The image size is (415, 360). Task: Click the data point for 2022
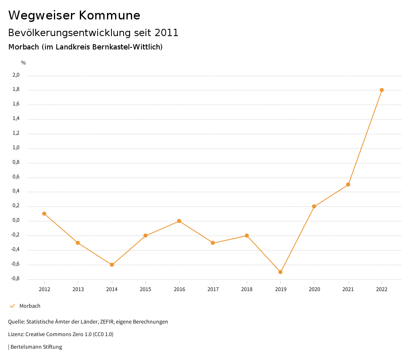click(x=382, y=90)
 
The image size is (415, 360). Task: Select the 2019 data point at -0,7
click(x=280, y=272)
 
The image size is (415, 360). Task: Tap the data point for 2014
click(x=112, y=265)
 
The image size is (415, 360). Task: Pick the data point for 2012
click(x=44, y=214)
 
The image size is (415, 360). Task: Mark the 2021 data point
click(x=348, y=184)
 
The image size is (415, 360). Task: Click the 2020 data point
click(x=314, y=206)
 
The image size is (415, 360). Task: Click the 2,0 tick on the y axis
click(x=16, y=75)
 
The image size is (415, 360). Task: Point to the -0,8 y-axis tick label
click(x=15, y=279)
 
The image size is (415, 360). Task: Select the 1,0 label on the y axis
click(x=16, y=148)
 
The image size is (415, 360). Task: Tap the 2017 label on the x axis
click(x=213, y=289)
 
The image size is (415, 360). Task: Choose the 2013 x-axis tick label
click(x=78, y=289)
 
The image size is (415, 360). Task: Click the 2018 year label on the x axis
click(x=247, y=289)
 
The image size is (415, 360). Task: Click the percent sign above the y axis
click(x=24, y=63)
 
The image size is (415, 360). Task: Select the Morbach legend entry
click(x=30, y=306)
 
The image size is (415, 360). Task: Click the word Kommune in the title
click(x=109, y=15)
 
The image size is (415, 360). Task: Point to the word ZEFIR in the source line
click(x=107, y=322)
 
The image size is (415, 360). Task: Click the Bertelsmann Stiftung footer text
click(x=36, y=347)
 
